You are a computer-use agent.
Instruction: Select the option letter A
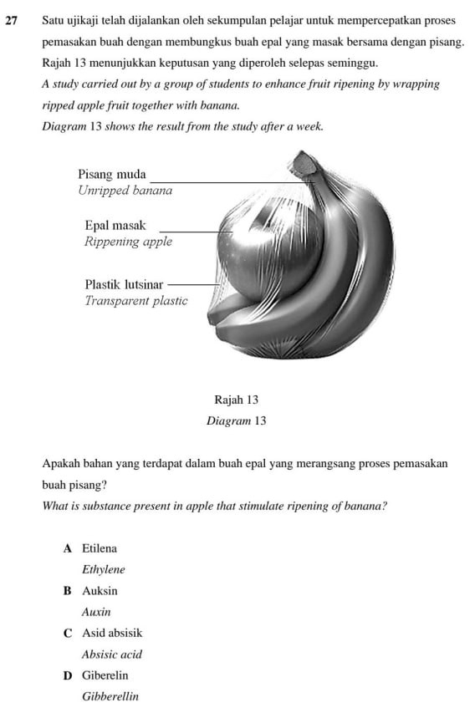point(67,549)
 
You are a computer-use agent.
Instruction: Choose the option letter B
point(67,591)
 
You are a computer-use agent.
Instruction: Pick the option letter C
point(67,634)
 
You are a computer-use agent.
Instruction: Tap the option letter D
point(67,675)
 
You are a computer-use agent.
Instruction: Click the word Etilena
point(100,549)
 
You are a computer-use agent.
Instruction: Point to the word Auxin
point(96,613)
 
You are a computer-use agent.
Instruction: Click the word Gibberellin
point(110,696)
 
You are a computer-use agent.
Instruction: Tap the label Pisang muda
point(111,175)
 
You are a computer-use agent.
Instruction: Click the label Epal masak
point(115,226)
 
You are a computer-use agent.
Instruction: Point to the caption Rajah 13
point(236,400)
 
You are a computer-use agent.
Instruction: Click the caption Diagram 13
point(236,421)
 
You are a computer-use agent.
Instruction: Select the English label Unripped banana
point(125,191)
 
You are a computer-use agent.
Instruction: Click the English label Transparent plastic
point(136,301)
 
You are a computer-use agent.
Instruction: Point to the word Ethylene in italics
point(103,570)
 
